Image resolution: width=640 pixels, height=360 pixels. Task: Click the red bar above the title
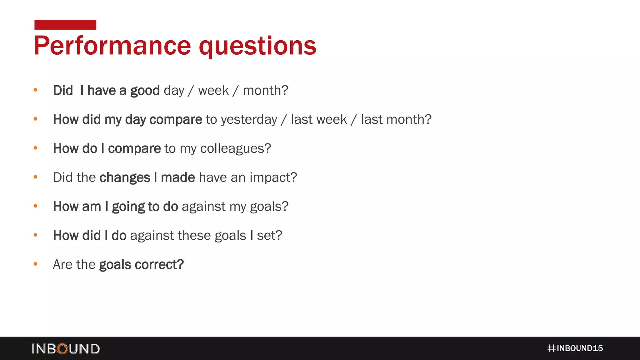pos(65,25)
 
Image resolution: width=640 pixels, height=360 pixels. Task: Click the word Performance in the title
pos(112,46)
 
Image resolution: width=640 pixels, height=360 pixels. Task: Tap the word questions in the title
pos(257,46)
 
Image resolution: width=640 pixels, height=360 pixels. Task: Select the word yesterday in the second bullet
pos(249,120)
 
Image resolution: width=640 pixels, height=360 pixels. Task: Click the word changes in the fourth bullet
pos(125,178)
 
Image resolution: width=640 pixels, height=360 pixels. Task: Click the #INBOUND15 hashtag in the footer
pos(575,348)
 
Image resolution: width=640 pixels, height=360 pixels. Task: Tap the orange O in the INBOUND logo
pos(63,349)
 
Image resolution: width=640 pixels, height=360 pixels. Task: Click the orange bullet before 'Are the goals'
pos(36,264)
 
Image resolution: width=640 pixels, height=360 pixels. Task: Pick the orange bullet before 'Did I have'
pos(36,90)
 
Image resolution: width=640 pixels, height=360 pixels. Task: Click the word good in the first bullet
pos(145,91)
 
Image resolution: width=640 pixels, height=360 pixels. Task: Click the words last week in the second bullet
pos(319,120)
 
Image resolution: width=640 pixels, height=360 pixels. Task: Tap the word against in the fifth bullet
pos(203,207)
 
